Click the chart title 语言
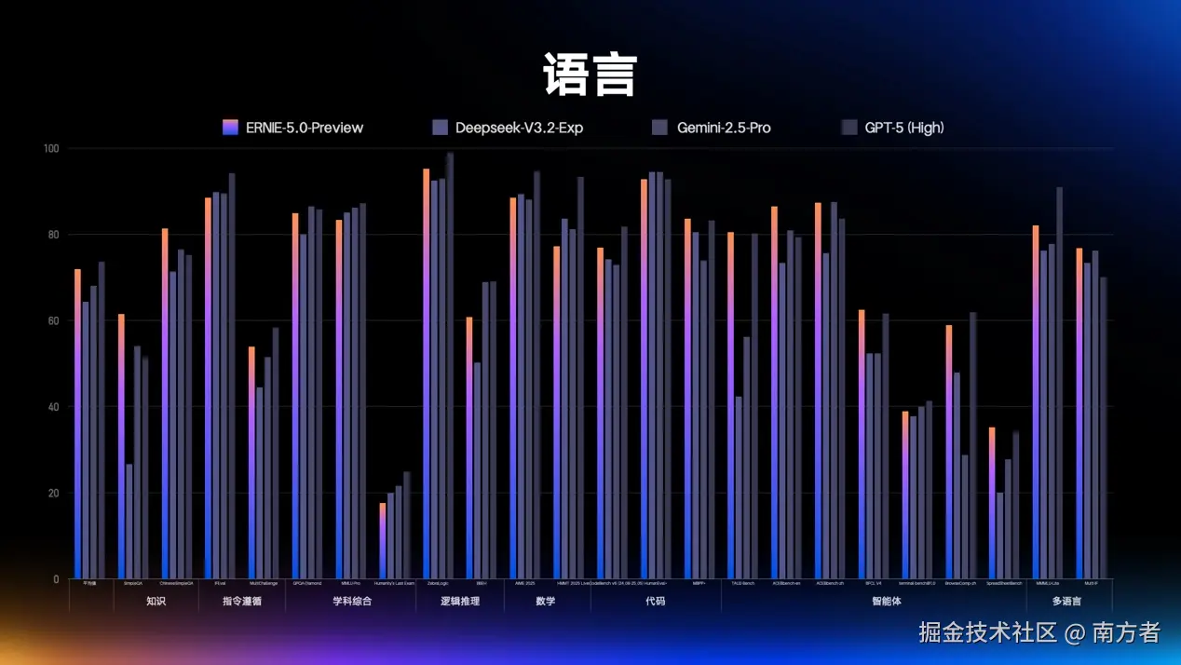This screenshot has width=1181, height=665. click(590, 75)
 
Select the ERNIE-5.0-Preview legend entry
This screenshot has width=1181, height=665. click(292, 128)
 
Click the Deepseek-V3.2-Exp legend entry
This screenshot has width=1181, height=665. click(508, 128)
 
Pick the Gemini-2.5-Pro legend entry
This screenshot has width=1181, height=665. click(712, 128)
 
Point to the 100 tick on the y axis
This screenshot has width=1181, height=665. click(50, 149)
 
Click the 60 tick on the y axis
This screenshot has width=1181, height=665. click(52, 321)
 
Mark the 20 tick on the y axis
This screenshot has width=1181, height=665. click(52, 494)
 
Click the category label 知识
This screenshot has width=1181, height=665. click(156, 601)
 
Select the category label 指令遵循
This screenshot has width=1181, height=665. click(241, 601)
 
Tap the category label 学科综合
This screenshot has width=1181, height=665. click(351, 601)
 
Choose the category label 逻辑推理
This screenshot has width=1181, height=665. click(460, 601)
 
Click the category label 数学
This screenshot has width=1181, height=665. click(546, 601)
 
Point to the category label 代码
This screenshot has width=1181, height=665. click(655, 601)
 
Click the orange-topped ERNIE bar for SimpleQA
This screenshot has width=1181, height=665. click(121, 447)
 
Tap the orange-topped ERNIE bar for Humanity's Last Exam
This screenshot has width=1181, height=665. click(382, 541)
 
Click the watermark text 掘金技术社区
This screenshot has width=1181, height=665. click(988, 633)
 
